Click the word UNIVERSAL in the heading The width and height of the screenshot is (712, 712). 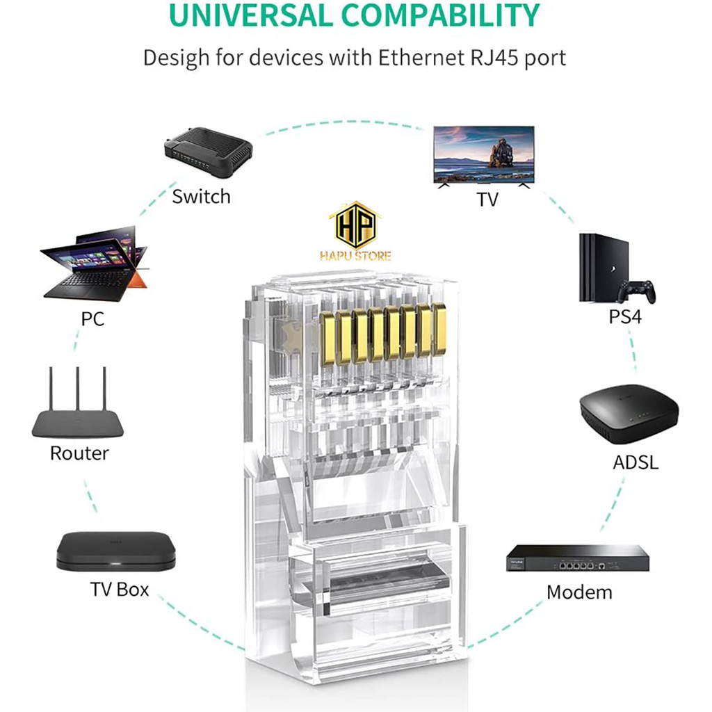[x=250, y=15]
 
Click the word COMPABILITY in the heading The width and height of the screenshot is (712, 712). [x=440, y=15]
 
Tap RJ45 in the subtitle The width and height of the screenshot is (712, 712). [x=494, y=58]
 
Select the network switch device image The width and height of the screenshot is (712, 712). [x=208, y=151]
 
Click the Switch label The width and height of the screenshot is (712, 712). [x=201, y=197]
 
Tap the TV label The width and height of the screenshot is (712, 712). [x=487, y=200]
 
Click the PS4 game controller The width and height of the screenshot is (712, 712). [x=638, y=291]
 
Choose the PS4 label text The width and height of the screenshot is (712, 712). [x=625, y=316]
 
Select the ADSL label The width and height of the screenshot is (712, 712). [x=636, y=462]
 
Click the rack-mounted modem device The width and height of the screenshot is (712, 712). [x=578, y=558]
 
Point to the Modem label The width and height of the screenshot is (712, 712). [x=579, y=592]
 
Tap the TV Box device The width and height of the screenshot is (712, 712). [x=116, y=551]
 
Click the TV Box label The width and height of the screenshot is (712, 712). [x=120, y=590]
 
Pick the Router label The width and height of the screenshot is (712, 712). [x=79, y=453]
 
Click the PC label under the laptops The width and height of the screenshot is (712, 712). [x=92, y=318]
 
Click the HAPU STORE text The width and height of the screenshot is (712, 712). [x=355, y=256]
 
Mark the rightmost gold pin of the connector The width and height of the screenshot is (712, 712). [x=439, y=329]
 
